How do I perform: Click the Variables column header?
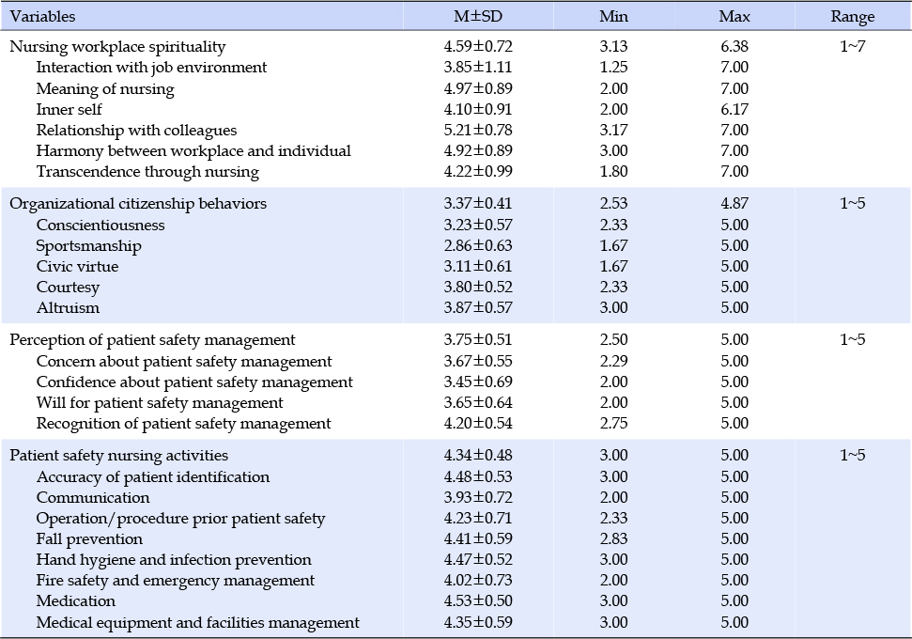pos(42,16)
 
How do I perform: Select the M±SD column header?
pos(477,16)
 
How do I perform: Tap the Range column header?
pos(852,16)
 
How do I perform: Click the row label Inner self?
pos(69,109)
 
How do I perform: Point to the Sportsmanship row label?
pos(88,245)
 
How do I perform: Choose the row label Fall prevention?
pos(89,538)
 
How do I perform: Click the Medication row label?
pos(76,601)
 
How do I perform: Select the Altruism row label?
pos(68,308)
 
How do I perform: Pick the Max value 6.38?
pos(734,47)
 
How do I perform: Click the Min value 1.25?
pos(613,67)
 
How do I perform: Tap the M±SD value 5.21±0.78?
pos(477,130)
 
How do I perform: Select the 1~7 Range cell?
pos(852,47)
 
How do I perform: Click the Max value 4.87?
pos(734,204)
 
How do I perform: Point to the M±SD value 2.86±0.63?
pos(477,245)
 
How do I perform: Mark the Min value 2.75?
pos(613,423)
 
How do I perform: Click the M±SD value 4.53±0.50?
pos(477,601)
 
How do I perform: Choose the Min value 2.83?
pos(613,538)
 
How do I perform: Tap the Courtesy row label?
pos(68,288)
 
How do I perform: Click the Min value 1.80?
pos(613,172)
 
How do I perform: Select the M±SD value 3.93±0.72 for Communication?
pos(477,498)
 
